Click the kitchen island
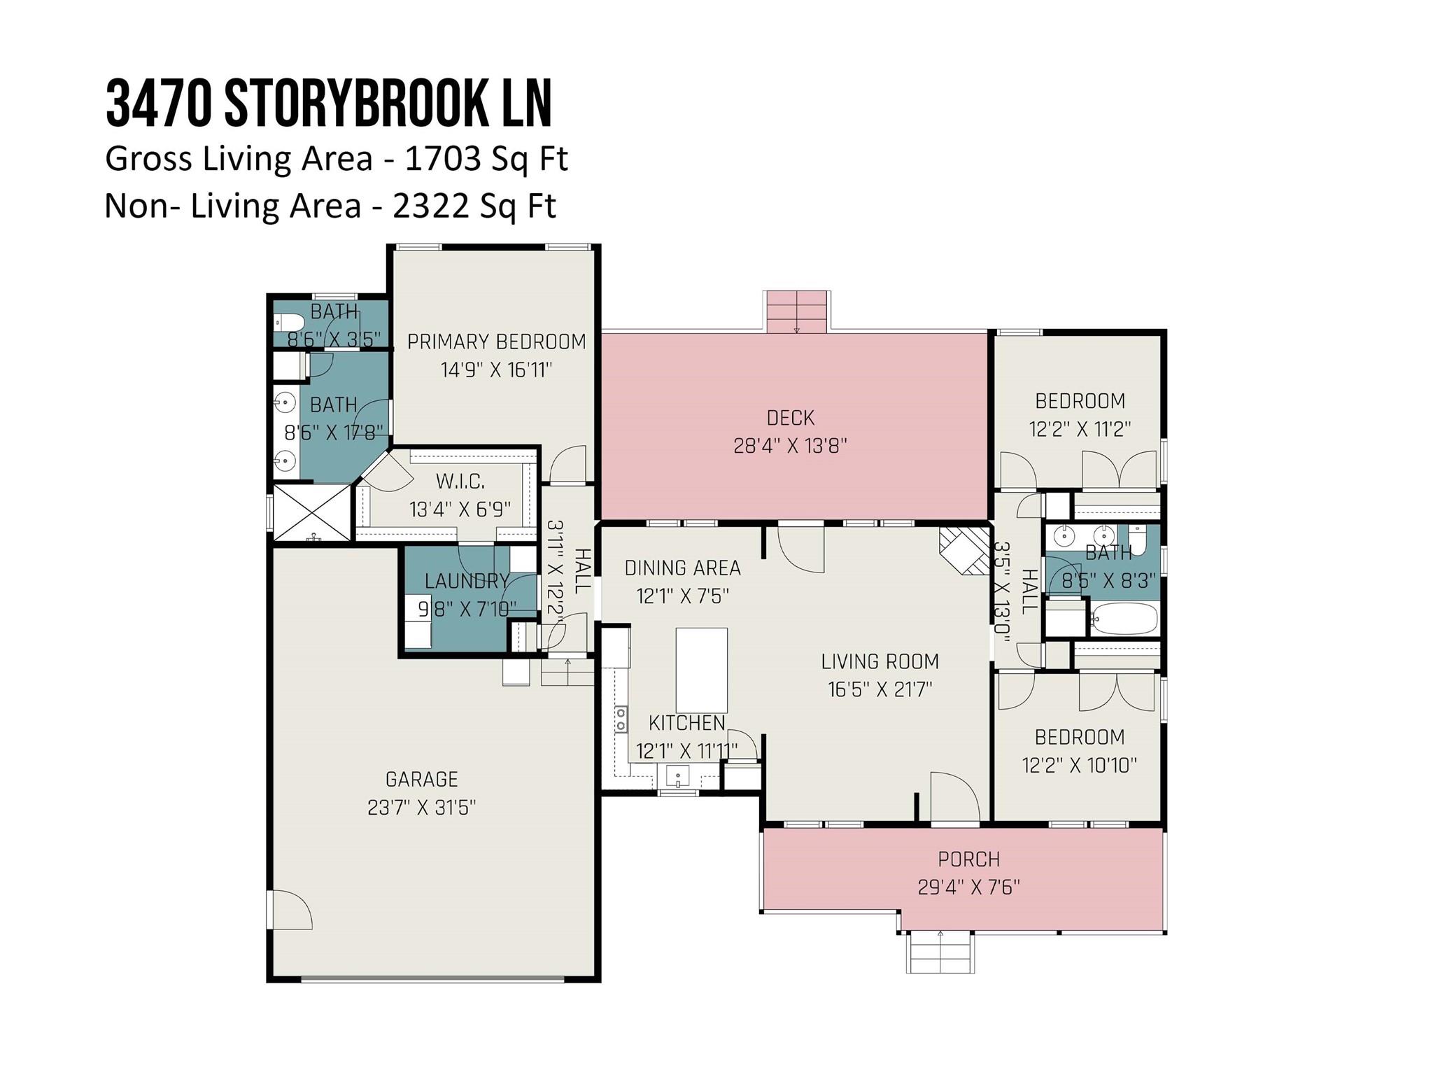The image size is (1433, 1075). coord(701,670)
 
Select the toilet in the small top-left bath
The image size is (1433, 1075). coord(288,323)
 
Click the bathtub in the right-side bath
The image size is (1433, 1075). coord(1124,619)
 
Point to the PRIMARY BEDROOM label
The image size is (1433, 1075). coord(497,342)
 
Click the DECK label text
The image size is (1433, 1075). coord(791,418)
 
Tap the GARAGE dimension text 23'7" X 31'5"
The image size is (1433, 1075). coord(421,808)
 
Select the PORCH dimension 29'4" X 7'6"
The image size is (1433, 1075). coord(969,887)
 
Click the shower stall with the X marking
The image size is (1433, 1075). coord(311,512)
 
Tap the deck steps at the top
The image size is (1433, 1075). coord(798,312)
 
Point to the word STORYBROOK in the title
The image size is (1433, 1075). coord(353,104)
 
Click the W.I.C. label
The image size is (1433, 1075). coord(460,482)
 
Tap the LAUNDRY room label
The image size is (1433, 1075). coord(467,581)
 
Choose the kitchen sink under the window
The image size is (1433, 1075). coord(677,776)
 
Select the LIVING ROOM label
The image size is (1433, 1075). coord(880,661)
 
